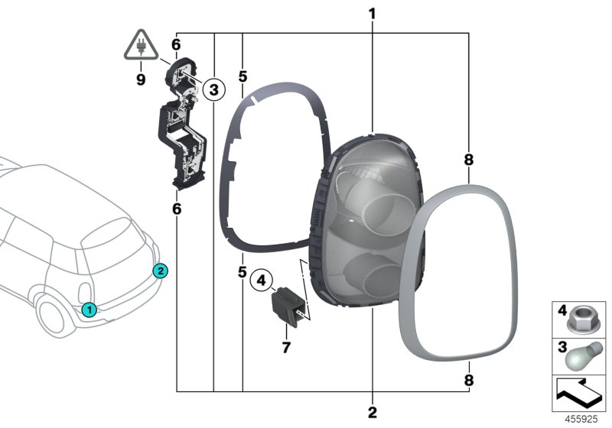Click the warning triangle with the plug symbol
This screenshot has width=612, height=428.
(141, 45)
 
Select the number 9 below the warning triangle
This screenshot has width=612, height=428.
(141, 80)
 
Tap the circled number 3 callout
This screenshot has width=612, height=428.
(214, 89)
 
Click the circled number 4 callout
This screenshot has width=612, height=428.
(261, 280)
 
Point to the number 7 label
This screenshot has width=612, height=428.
(286, 347)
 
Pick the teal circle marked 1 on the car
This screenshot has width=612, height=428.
(90, 310)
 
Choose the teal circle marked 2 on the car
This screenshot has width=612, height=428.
(161, 271)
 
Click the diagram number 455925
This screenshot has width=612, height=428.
(581, 419)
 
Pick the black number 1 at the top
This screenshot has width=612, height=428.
(373, 14)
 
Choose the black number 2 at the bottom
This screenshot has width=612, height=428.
(373, 413)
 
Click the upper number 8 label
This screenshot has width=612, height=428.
(469, 160)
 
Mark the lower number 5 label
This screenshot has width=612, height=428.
(243, 272)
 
